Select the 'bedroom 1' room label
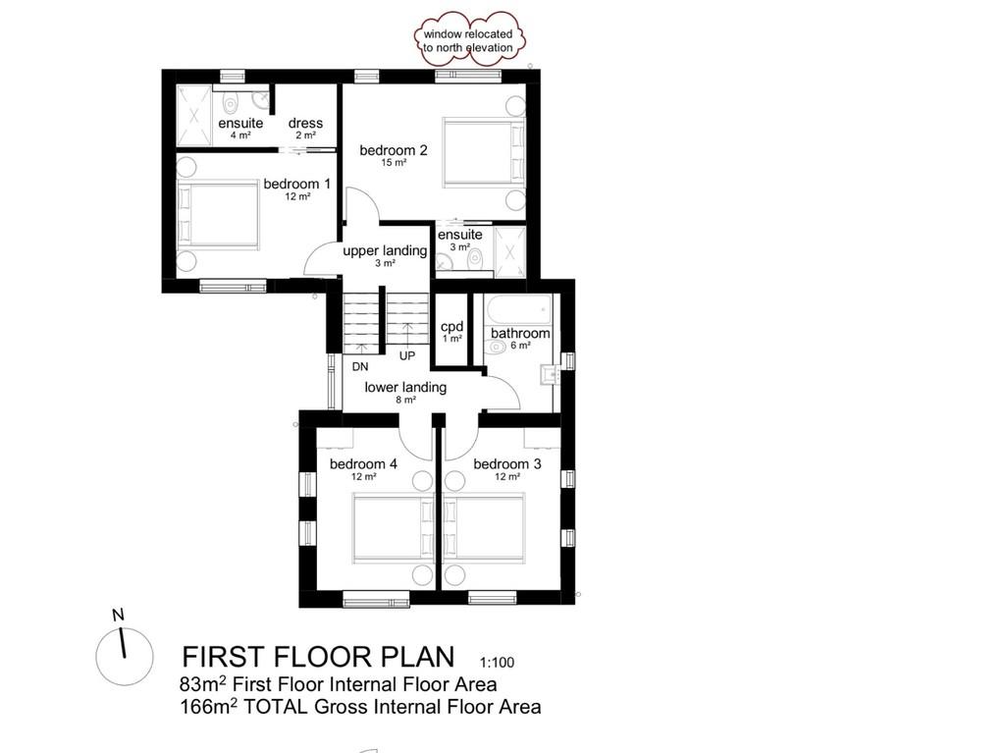click(x=296, y=184)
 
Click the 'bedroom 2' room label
click(x=393, y=150)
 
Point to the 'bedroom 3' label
click(x=507, y=463)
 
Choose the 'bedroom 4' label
click(x=363, y=463)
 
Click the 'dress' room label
click(x=305, y=123)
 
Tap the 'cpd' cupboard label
click(x=451, y=326)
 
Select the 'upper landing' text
click(x=385, y=250)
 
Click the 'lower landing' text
click(x=405, y=387)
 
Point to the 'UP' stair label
click(x=407, y=354)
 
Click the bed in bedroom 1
click(x=218, y=215)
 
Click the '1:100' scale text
click(x=498, y=662)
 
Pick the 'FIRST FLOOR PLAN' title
click(x=319, y=656)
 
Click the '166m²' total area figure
click(x=203, y=706)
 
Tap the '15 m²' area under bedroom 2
click(x=393, y=163)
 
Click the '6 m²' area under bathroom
click(x=520, y=346)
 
